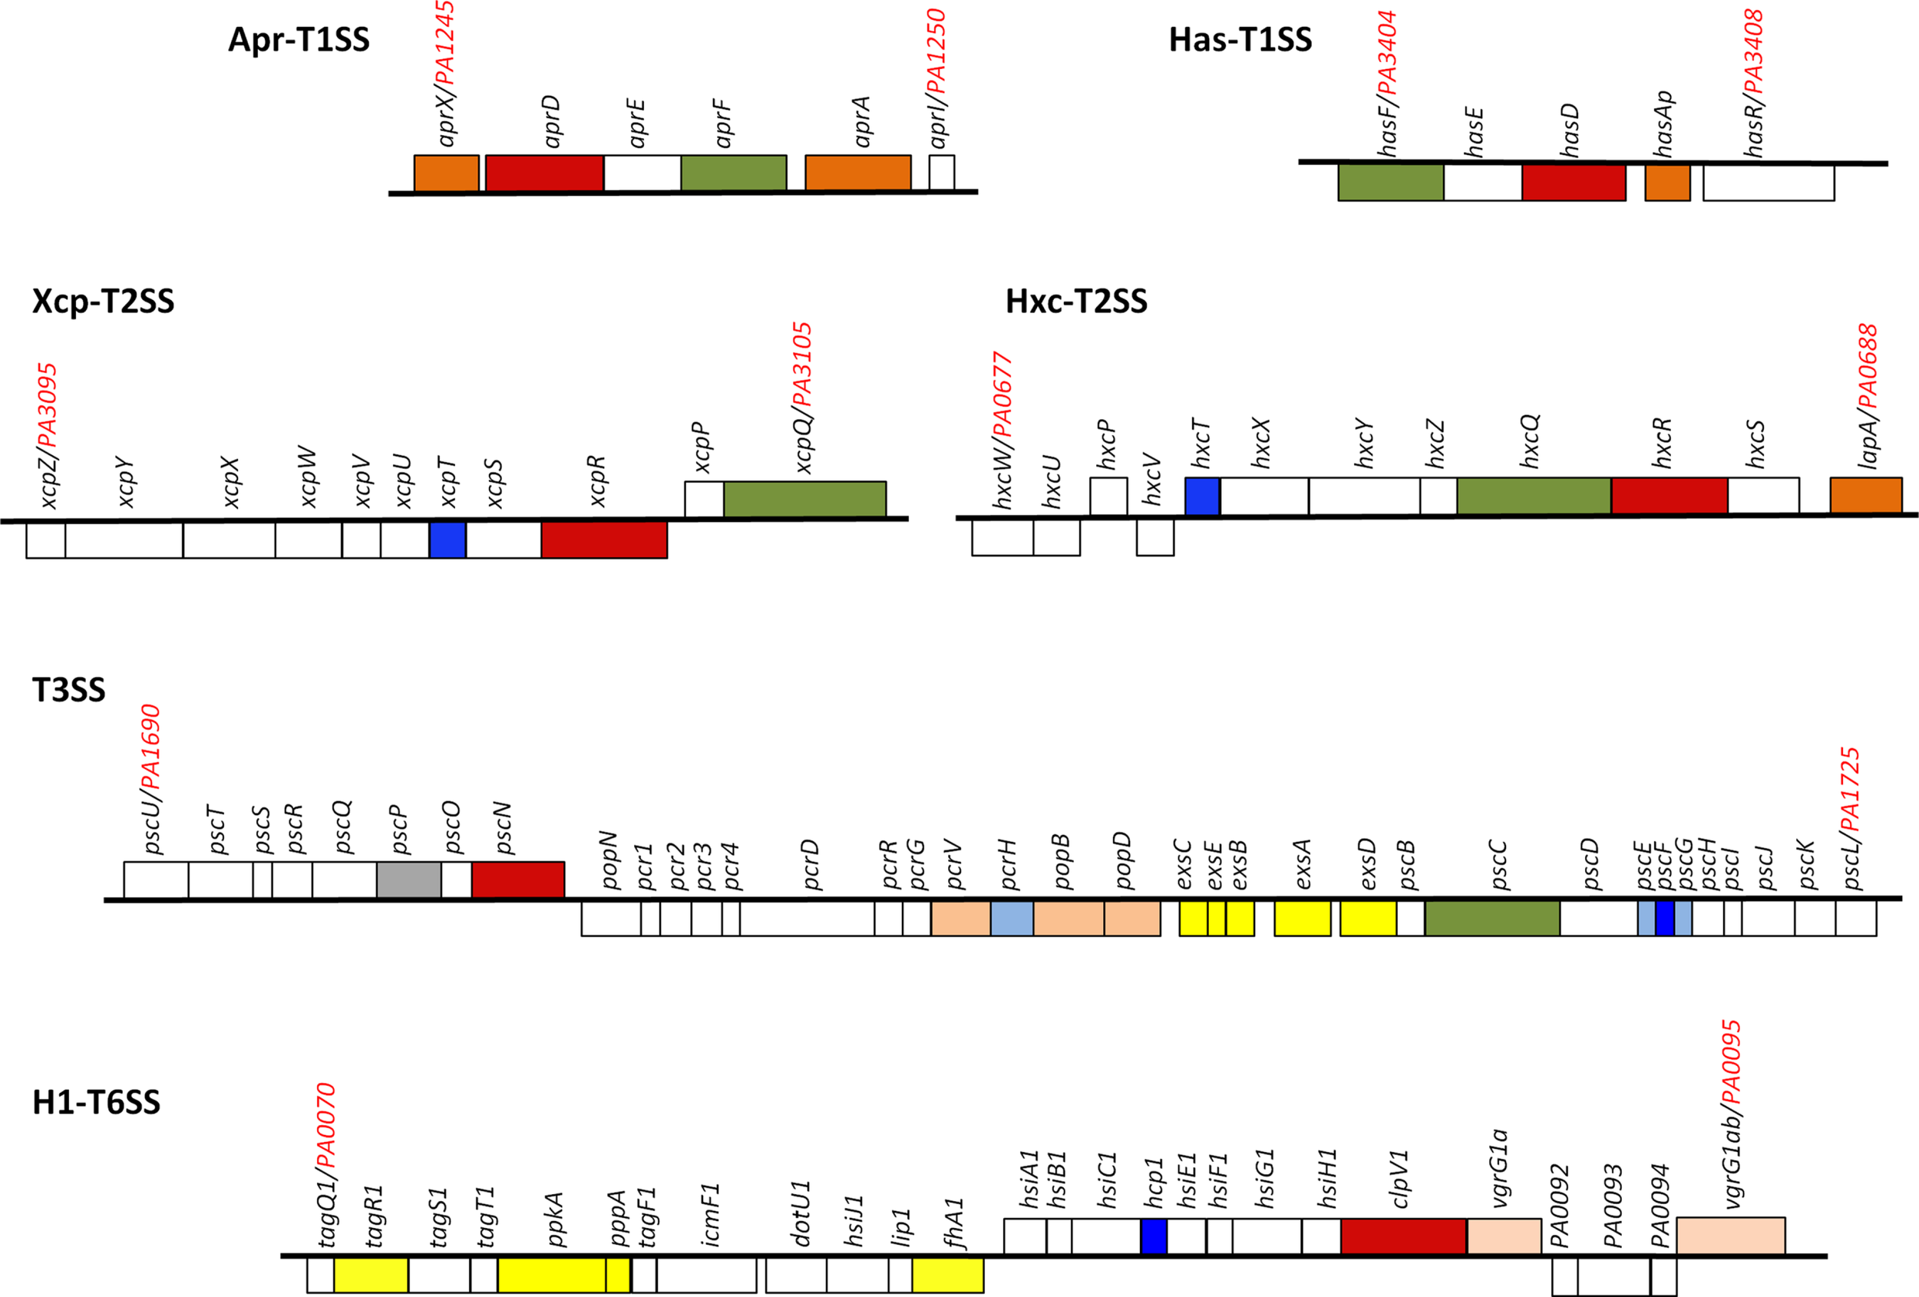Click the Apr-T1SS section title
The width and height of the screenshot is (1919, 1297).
pyautogui.click(x=298, y=40)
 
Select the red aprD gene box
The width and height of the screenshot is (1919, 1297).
pyautogui.click(x=543, y=173)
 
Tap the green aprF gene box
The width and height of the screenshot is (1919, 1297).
pyautogui.click(x=733, y=173)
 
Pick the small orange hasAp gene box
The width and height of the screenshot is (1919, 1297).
pyautogui.click(x=1667, y=183)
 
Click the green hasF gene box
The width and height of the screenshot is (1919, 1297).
pyautogui.click(x=1391, y=183)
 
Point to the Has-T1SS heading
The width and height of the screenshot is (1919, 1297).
pyautogui.click(x=1240, y=40)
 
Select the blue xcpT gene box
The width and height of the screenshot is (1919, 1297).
pyautogui.click(x=448, y=540)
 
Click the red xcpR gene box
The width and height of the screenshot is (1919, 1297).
pyautogui.click(x=604, y=540)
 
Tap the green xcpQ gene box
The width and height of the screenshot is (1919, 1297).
pyautogui.click(x=804, y=500)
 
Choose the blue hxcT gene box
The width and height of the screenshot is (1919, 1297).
pyautogui.click(x=1202, y=497)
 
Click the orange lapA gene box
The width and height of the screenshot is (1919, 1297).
pyautogui.click(x=1865, y=495)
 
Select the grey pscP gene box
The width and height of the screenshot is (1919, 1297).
pyautogui.click(x=408, y=880)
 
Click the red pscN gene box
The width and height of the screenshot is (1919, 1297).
pyautogui.click(x=517, y=880)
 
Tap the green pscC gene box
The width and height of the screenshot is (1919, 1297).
pyautogui.click(x=1492, y=918)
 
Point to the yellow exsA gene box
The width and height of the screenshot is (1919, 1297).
pyautogui.click(x=1302, y=918)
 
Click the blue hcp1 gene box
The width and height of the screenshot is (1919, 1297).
pyautogui.click(x=1154, y=1236)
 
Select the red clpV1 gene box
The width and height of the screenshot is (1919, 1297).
pyautogui.click(x=1404, y=1236)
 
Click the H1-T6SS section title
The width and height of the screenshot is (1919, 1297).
pyautogui.click(x=96, y=1103)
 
